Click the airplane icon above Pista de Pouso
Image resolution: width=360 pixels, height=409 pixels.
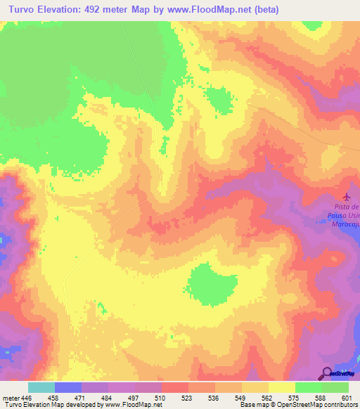pos(345,196)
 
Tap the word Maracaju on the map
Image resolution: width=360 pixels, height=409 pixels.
pos(345,224)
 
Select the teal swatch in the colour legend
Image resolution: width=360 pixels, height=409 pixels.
pos(41,387)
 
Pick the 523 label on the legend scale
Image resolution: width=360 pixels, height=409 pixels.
pos(188,396)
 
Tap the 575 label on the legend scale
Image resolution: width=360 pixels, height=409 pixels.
pos(295,396)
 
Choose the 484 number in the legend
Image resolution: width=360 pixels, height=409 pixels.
pos(108,396)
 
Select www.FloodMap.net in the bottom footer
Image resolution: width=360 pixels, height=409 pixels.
pos(133,405)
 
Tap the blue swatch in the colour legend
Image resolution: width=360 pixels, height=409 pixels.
pos(67,387)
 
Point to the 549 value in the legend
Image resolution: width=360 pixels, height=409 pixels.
pos(241,396)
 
